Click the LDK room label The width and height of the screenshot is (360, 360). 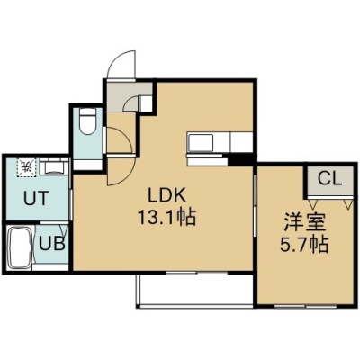pyautogui.click(x=166, y=196)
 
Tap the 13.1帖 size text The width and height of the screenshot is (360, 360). pyautogui.click(x=166, y=217)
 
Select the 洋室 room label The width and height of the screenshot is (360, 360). pyautogui.click(x=304, y=222)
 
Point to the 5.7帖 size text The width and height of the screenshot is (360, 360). pyautogui.click(x=303, y=245)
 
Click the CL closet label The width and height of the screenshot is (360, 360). pyautogui.click(x=329, y=179)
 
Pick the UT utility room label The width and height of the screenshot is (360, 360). pyautogui.click(x=36, y=198)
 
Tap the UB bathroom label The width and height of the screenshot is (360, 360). pyautogui.click(x=52, y=245)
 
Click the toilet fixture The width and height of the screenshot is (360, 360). pyautogui.click(x=87, y=121)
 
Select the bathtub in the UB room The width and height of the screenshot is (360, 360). pyautogui.click(x=20, y=247)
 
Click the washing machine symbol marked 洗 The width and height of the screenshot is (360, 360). pyautogui.click(x=27, y=166)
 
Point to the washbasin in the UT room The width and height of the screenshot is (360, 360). pyautogui.click(x=54, y=166)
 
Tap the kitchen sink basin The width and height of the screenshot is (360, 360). pyautogui.click(x=201, y=142)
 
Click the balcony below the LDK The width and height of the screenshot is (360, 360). pyautogui.click(x=195, y=290)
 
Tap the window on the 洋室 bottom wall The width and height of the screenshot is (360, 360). pyautogui.click(x=306, y=306)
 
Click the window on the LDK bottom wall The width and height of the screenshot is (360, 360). pyautogui.click(x=196, y=273)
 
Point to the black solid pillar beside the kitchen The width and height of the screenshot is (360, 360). pyautogui.click(x=240, y=160)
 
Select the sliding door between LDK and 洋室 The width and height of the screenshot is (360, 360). pyautogui.click(x=255, y=206)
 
